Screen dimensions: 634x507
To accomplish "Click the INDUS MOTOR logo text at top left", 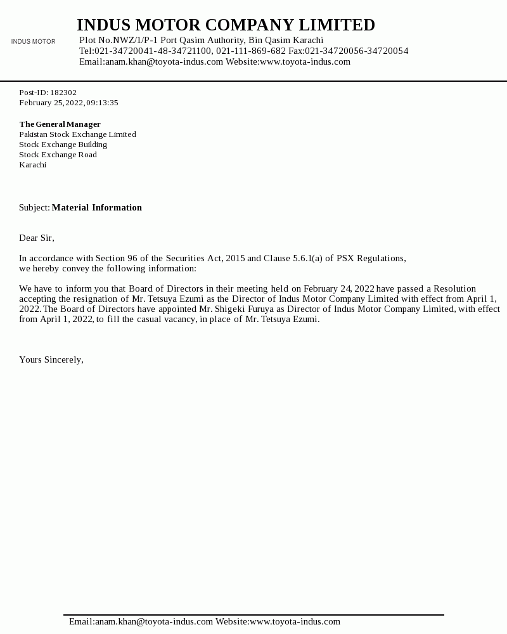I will tap(33, 42).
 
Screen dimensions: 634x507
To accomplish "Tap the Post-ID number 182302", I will tap(63, 93).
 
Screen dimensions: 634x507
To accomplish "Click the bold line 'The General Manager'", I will tap(60, 124).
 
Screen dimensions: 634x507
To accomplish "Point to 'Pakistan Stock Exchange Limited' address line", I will tap(77, 134).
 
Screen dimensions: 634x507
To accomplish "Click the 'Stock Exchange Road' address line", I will tap(58, 155).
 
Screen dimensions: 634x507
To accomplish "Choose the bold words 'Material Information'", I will tap(96, 207).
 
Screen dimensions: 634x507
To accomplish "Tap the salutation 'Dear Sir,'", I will tap(37, 238).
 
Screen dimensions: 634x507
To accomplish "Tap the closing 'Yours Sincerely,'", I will tap(51, 359).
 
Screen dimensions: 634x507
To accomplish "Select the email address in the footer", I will tap(154, 621).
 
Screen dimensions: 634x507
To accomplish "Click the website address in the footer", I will tap(295, 621).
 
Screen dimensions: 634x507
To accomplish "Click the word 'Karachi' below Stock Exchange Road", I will tap(32, 165).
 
